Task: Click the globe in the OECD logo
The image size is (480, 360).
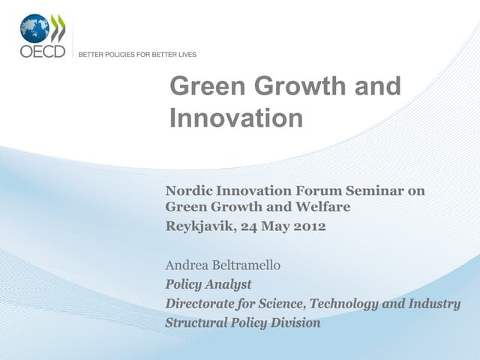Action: coord(34,28)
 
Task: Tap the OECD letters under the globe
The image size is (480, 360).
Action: coord(42,52)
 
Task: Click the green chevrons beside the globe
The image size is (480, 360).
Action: coord(58,28)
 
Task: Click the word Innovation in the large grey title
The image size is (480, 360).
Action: coord(236,118)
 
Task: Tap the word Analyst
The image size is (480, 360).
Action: coord(227,284)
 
